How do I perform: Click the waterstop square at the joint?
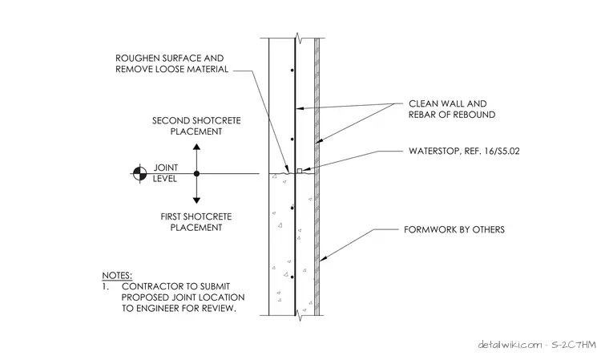click(x=300, y=171)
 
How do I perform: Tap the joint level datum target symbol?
click(x=139, y=173)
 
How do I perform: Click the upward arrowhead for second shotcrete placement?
click(x=196, y=147)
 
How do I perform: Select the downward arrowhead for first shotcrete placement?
click(x=196, y=200)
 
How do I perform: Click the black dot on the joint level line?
click(x=196, y=173)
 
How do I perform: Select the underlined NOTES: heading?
click(x=117, y=276)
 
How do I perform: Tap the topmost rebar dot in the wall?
click(x=292, y=71)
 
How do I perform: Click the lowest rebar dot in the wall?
click(x=292, y=277)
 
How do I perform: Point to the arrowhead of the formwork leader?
click(x=322, y=257)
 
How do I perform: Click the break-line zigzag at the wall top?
click(x=299, y=38)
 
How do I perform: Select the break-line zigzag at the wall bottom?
click(x=299, y=315)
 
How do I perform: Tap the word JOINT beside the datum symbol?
click(x=165, y=168)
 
